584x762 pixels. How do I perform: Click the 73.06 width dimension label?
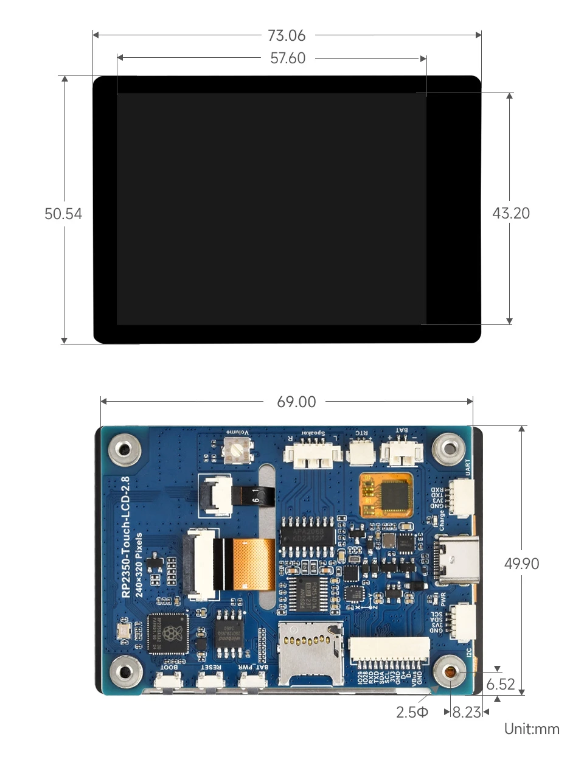(287, 36)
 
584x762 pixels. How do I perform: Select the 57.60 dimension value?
(288, 58)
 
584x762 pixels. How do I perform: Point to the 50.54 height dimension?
(63, 214)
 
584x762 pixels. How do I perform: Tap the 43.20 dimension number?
(511, 213)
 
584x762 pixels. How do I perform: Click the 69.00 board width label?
(296, 402)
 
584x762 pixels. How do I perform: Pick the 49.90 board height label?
(521, 564)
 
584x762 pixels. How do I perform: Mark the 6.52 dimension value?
(501, 684)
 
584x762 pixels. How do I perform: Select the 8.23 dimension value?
(467, 712)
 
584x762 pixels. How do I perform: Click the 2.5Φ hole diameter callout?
(412, 712)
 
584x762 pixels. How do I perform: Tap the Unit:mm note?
(532, 729)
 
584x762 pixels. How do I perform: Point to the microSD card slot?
(310, 651)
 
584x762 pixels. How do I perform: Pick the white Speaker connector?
(309, 455)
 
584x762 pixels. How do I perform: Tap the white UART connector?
(461, 494)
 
